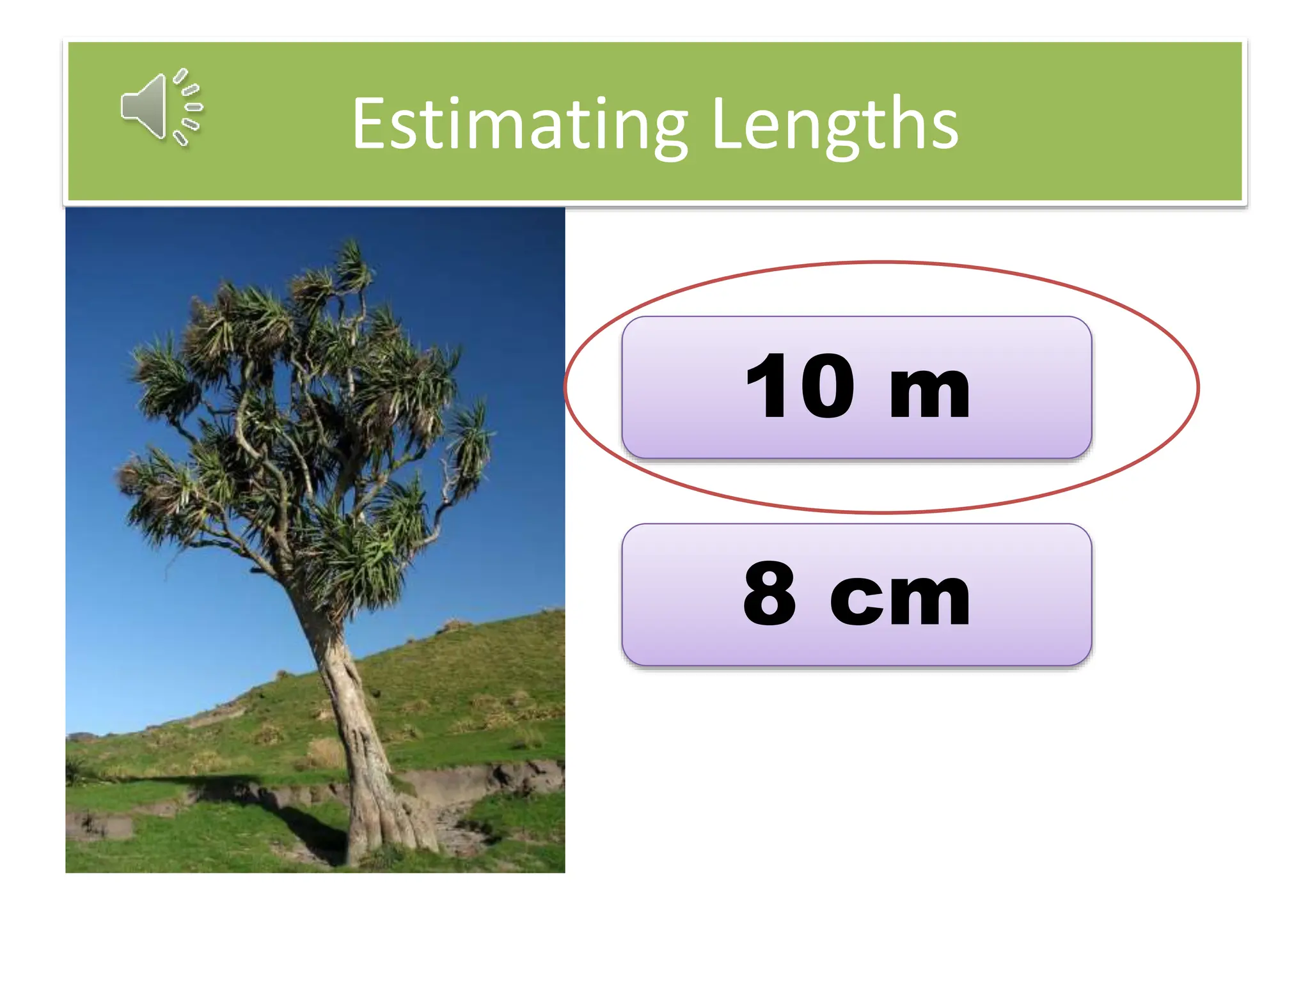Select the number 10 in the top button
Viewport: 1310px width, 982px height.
coord(800,387)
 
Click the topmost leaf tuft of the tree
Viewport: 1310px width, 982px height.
coord(352,262)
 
